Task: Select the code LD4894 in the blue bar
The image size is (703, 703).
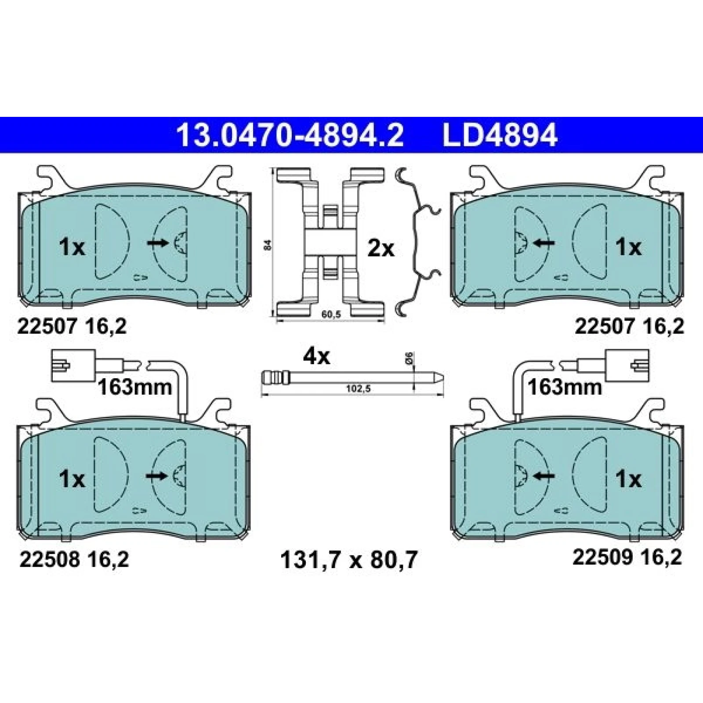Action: [x=500, y=135]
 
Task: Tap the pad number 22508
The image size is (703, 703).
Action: [x=49, y=559]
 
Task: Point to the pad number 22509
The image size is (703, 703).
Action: [x=602, y=557]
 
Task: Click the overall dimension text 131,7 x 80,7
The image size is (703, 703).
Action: [x=348, y=561]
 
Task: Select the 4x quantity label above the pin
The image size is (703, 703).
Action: [x=316, y=357]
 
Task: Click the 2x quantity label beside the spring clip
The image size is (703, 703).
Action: [x=381, y=249]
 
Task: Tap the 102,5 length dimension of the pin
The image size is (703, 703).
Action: [x=359, y=389]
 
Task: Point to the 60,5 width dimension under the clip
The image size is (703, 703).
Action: [x=331, y=315]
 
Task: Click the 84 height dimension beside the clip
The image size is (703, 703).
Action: [x=269, y=245]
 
